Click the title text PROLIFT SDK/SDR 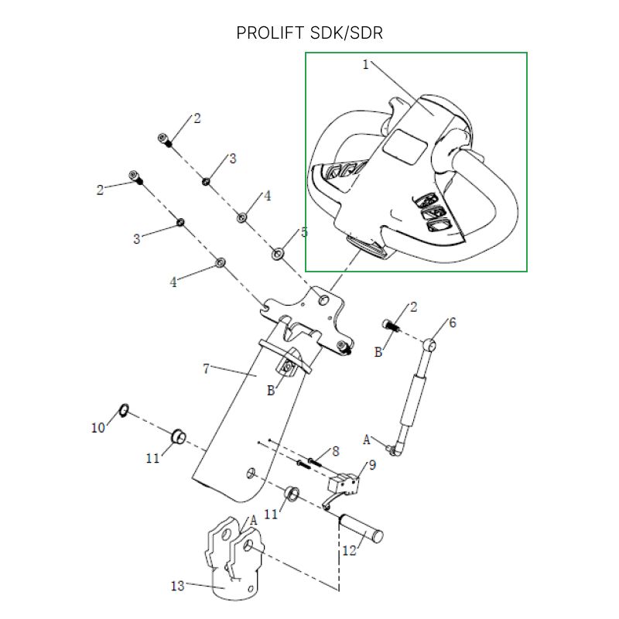[309, 33]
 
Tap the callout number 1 [366, 65]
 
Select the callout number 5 [304, 232]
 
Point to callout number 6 [453, 323]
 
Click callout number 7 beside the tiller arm [206, 369]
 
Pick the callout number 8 [335, 451]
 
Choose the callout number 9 [372, 465]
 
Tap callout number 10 [98, 427]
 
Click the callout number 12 [349, 551]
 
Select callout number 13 [178, 586]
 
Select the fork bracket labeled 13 [232, 557]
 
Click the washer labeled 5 [278, 253]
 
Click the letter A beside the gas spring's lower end [367, 439]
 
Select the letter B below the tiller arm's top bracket [271, 391]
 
